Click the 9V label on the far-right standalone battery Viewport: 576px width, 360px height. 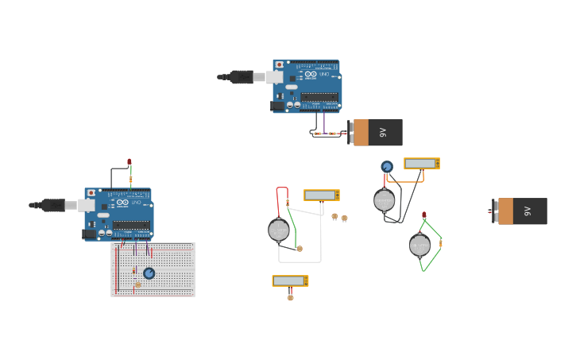tap(525, 211)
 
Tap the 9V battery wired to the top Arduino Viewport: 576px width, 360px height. tap(377, 133)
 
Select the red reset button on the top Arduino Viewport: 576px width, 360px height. tap(280, 65)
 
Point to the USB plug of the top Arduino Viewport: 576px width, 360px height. tap(239, 77)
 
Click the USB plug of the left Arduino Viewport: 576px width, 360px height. tap(51, 205)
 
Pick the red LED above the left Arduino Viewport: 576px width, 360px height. tap(130, 162)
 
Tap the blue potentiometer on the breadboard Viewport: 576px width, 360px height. tap(149, 273)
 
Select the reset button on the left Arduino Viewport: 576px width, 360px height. tap(91, 193)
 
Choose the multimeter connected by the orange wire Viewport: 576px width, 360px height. tap(421, 164)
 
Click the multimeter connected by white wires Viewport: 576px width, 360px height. tap(321, 195)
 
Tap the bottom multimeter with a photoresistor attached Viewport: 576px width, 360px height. tap(290, 281)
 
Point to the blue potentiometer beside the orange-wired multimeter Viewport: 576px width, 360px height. tap(387, 167)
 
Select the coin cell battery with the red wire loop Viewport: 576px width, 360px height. tap(279, 230)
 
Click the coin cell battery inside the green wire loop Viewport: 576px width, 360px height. tap(419, 245)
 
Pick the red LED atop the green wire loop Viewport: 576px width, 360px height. tap(424, 215)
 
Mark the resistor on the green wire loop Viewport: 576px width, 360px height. tap(440, 242)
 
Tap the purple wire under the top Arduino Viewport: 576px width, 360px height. tap(324, 122)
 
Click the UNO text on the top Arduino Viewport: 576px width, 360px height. tap(323, 74)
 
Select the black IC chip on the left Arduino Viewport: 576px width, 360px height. tap(130, 226)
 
